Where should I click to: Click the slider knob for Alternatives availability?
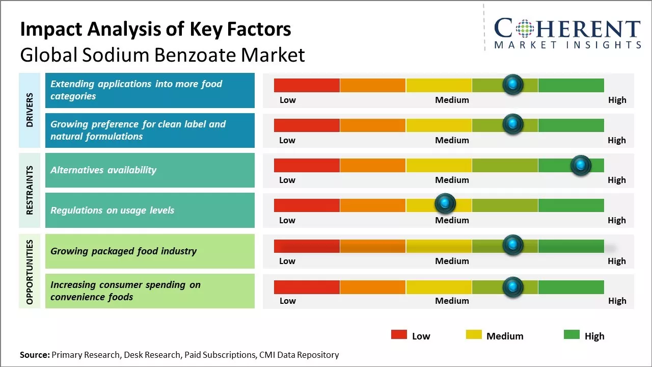coord(580,165)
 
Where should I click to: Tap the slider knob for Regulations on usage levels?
coord(445,204)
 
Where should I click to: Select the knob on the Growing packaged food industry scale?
coord(512,245)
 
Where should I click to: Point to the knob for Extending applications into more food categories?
coord(512,84)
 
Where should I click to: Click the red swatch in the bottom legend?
coord(399,334)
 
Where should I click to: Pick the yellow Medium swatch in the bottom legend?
coord(474,334)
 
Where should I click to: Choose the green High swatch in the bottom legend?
coord(572,334)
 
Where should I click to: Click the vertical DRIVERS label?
coord(30,110)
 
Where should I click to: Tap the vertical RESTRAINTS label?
coord(30,190)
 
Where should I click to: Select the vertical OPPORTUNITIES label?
coord(30,272)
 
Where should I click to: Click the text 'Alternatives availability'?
coord(103,170)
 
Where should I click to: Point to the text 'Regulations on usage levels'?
coord(112,210)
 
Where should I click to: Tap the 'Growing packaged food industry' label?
coord(123,251)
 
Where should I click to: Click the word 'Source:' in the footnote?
coord(35,355)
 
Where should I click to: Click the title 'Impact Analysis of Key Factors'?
coord(155,29)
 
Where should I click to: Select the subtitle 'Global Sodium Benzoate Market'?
coord(162,55)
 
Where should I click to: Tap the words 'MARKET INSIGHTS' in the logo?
coord(567,45)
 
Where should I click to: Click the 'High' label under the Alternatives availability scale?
coord(616,180)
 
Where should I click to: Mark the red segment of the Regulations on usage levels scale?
coord(307,205)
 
